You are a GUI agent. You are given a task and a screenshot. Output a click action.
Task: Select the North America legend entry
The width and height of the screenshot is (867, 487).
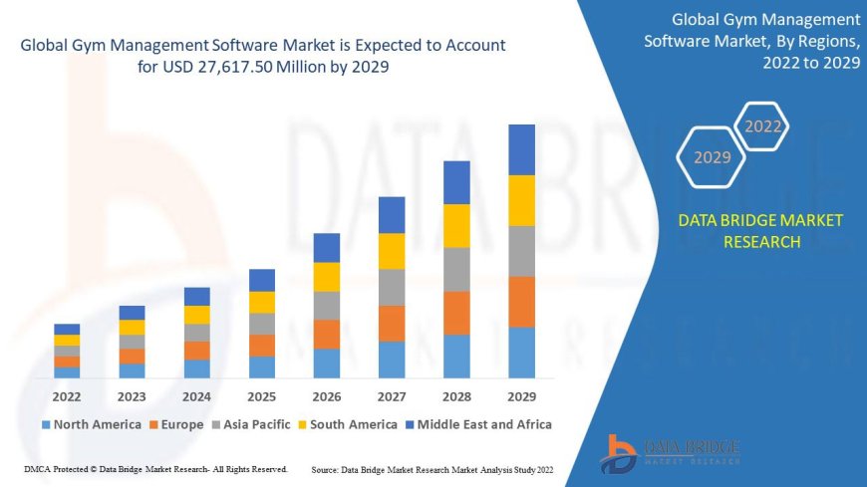click(91, 424)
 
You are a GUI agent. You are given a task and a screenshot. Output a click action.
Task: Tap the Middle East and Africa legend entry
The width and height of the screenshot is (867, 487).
click(481, 424)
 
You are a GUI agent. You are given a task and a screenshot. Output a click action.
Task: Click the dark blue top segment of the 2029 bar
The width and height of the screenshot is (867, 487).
click(521, 149)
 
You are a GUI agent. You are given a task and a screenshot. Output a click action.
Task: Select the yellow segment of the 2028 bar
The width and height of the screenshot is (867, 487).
click(456, 225)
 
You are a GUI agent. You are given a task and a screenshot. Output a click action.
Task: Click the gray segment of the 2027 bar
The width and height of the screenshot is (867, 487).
click(392, 287)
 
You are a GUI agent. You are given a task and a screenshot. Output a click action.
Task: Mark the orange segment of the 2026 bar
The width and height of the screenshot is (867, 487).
click(327, 334)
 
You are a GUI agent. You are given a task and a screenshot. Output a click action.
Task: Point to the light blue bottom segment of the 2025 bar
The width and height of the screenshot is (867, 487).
click(262, 367)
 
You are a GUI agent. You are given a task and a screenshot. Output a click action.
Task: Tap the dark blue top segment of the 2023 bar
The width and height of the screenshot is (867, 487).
click(132, 313)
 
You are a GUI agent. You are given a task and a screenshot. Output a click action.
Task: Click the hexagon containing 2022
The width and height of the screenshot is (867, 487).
click(763, 126)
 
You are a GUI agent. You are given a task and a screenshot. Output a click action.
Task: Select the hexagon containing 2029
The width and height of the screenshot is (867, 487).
click(712, 157)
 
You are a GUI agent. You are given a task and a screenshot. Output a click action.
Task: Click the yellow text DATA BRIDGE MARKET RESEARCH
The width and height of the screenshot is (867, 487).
click(760, 231)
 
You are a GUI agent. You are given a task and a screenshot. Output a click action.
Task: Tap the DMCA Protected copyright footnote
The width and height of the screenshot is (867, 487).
click(154, 468)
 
